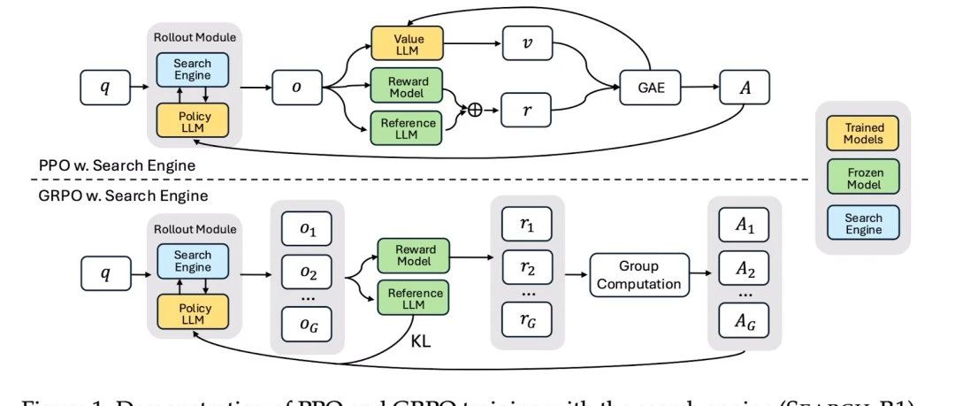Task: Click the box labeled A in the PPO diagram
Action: tap(744, 88)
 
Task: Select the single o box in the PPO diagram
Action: tap(297, 88)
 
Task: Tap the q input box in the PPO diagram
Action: tap(105, 88)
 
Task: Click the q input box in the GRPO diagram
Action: tap(105, 274)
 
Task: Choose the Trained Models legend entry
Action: tap(862, 133)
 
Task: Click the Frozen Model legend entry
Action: tap(862, 177)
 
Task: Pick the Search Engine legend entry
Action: tap(862, 224)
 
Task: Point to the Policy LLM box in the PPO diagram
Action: tap(191, 119)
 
